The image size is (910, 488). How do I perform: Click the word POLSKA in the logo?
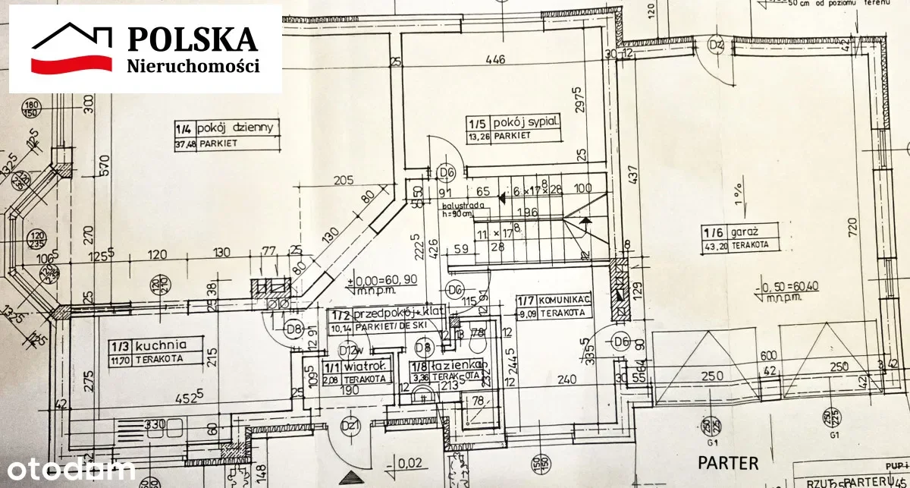[x=192, y=38]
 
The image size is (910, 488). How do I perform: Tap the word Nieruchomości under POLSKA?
[x=192, y=66]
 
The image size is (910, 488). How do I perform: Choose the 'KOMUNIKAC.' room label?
[x=553, y=299]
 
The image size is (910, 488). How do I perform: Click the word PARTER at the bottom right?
[x=728, y=462]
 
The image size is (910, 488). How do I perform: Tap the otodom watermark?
[x=67, y=470]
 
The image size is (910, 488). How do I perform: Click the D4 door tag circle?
[x=716, y=46]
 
